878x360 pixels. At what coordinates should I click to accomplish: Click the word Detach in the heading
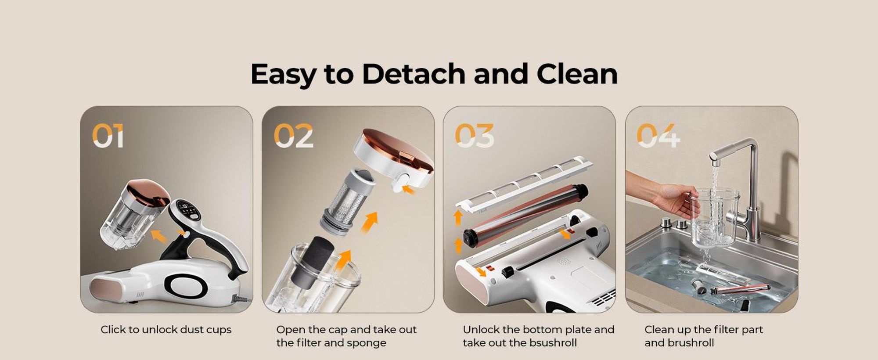[413, 74]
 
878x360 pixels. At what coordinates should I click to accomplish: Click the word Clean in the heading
[577, 74]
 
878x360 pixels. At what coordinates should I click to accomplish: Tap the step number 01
[108, 136]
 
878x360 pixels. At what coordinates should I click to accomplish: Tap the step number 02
[294, 136]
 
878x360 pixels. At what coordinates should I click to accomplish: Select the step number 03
[475, 136]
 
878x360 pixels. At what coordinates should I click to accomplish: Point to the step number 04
[658, 136]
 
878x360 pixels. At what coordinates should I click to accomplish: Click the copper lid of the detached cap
[398, 147]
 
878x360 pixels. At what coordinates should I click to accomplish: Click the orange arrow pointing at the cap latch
[409, 190]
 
